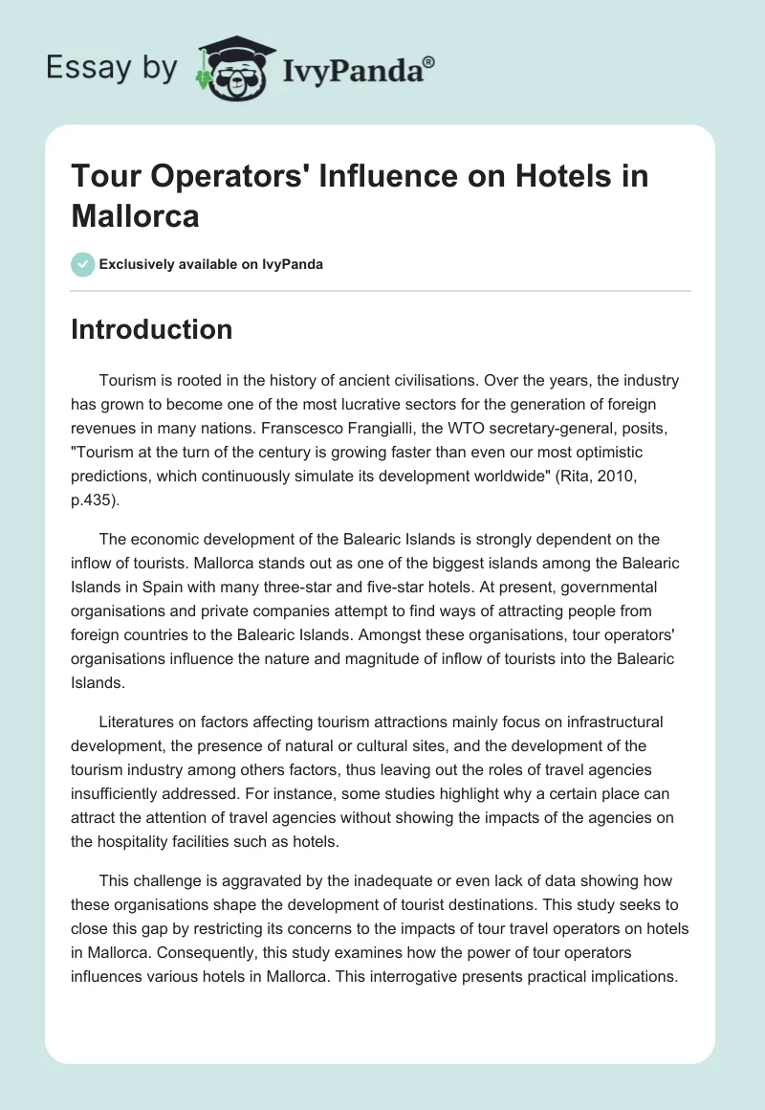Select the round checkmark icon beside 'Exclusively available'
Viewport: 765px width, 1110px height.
[x=83, y=264]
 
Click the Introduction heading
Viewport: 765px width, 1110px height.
[x=152, y=329]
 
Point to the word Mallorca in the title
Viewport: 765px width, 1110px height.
[x=135, y=215]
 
